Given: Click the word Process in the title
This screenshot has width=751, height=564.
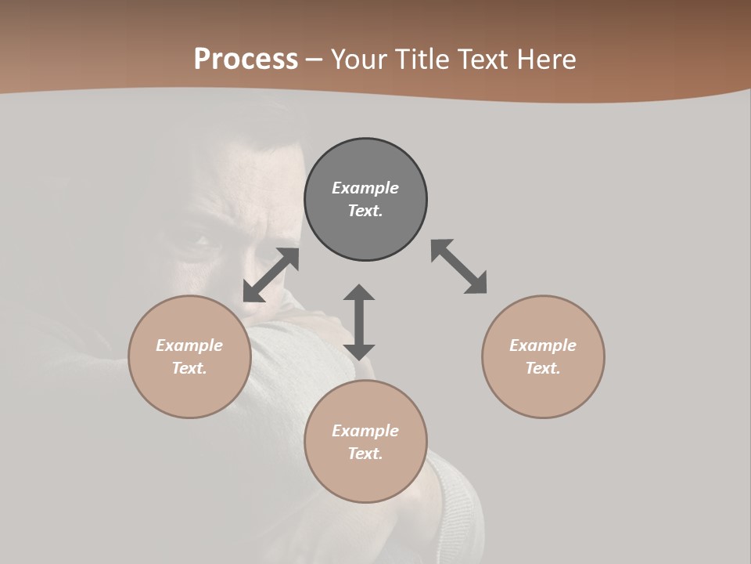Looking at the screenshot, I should [x=246, y=60].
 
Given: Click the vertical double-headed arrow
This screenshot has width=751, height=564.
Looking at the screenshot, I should [x=359, y=322].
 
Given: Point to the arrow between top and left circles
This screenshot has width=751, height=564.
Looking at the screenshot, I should [x=271, y=275].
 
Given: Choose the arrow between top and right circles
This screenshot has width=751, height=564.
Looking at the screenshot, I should [x=458, y=266].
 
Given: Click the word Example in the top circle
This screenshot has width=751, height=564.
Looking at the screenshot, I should [x=365, y=188].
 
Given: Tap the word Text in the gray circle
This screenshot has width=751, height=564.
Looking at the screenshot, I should [x=365, y=211].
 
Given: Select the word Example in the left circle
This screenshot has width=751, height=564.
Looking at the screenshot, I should [x=189, y=345].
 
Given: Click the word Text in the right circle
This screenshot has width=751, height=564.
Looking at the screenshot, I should [x=543, y=368].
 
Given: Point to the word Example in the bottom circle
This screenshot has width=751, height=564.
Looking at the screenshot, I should [x=365, y=431].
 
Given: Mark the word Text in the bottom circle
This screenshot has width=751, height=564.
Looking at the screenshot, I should [x=365, y=454].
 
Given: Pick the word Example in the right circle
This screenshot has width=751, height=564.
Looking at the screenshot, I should [x=543, y=345].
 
